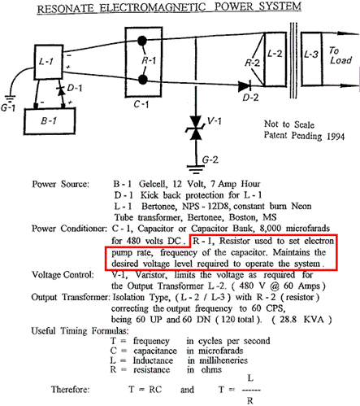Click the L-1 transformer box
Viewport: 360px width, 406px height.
pos(49,62)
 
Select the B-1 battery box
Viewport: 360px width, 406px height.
pos(50,121)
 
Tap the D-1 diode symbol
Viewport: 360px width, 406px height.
pos(62,90)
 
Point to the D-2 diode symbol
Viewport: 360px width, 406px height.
pos(245,86)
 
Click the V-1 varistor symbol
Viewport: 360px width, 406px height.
pos(196,128)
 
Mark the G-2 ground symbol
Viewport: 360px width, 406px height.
pos(196,169)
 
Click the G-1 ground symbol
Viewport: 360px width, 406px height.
pos(9,98)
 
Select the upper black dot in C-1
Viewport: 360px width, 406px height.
pos(142,41)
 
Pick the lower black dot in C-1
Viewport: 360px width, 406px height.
pos(142,80)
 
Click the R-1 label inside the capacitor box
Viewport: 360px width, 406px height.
pos(149,60)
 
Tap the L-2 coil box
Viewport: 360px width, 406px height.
pos(275,59)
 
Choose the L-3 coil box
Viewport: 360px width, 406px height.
pos(312,59)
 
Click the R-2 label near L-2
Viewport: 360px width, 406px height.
pos(252,63)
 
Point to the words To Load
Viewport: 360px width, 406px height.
pos(340,55)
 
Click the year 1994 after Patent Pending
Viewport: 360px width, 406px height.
pos(336,136)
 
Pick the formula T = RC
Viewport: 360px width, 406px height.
pos(145,390)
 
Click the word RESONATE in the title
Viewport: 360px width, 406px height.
pos(66,9)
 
